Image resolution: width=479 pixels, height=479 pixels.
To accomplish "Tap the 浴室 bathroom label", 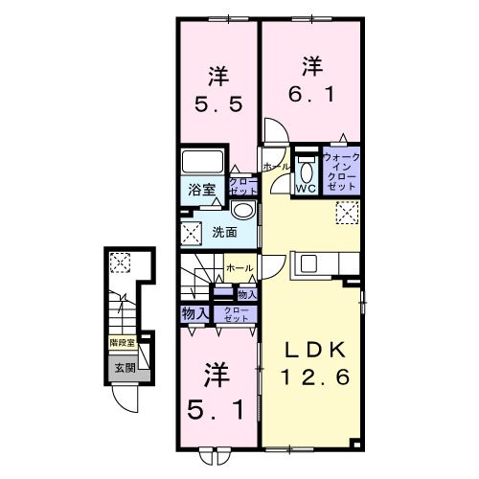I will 200,188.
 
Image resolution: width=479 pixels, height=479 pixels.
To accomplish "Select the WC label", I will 306,189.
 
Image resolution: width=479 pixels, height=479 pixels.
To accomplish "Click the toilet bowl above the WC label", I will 307,170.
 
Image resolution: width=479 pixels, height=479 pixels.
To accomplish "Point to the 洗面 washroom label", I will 224,232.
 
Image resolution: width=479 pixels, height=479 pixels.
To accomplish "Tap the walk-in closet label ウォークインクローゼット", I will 341,173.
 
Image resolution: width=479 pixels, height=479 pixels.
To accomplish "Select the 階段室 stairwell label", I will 120,340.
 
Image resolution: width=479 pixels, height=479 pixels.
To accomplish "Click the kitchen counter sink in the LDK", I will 311,262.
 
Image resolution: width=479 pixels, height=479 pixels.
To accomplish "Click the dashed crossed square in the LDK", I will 347,212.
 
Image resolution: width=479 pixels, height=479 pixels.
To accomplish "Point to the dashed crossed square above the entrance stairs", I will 120,261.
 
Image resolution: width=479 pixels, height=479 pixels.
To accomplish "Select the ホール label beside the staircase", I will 239,268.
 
